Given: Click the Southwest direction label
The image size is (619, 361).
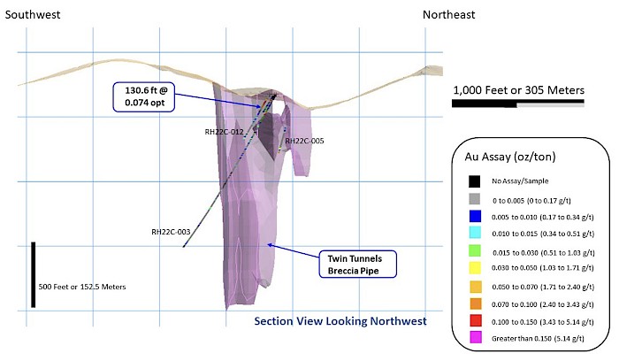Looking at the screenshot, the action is (33, 15).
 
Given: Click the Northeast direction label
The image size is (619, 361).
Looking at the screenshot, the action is (449, 15).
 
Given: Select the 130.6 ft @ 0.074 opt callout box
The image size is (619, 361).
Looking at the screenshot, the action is (144, 96).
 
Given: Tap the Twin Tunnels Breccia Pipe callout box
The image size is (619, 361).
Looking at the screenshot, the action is (357, 265).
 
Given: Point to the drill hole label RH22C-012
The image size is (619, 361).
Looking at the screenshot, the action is (224, 132).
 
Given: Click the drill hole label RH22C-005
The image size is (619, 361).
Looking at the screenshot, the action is (304, 141).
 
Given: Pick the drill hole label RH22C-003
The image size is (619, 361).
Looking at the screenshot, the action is (171, 232).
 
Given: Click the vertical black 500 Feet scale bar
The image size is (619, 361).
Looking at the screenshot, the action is (34, 275).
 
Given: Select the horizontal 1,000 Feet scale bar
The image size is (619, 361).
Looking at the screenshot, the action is (518, 104).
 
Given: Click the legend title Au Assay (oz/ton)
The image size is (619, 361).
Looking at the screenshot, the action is (510, 157).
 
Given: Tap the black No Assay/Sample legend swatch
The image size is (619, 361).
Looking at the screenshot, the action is (475, 181).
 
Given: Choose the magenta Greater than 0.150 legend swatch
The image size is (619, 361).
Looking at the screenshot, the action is (476, 337).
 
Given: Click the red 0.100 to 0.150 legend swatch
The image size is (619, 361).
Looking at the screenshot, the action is (476, 320).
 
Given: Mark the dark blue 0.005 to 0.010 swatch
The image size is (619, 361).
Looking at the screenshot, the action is (476, 216).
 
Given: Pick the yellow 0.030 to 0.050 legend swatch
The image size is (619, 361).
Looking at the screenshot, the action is (476, 268).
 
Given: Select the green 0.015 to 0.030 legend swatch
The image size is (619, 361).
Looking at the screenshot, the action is (476, 250).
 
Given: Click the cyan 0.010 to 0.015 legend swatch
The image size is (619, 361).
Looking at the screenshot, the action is (476, 232).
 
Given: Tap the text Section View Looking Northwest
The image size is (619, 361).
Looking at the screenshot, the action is (340, 321).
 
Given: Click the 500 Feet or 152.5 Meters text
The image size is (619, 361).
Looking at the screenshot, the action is (82, 287).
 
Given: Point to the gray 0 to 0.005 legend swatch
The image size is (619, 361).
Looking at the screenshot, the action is (475, 199).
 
